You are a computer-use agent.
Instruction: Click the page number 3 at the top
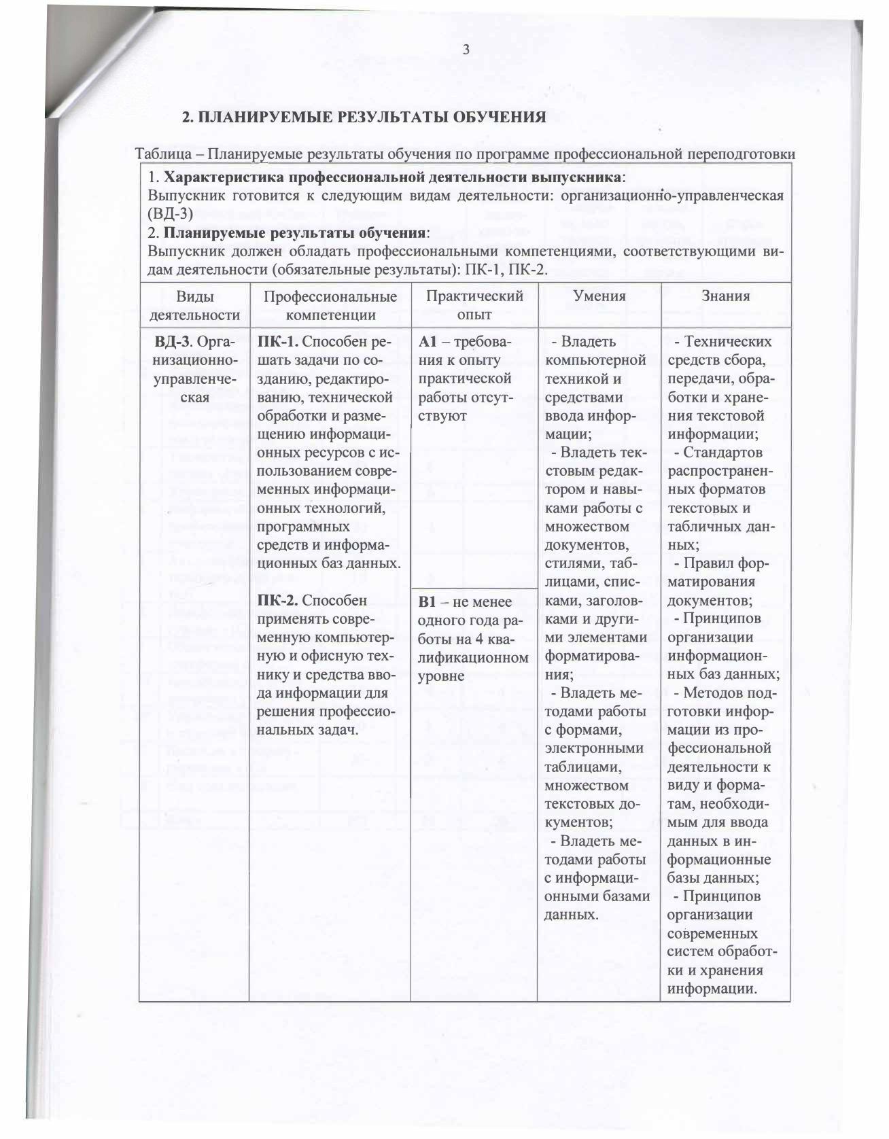pyautogui.click(x=466, y=49)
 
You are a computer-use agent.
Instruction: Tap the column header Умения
pyautogui.click(x=599, y=296)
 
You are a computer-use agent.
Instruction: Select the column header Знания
pyautogui.click(x=727, y=296)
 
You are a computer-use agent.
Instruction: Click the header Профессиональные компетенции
pyautogui.click(x=330, y=305)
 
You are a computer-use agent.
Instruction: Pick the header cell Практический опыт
pyautogui.click(x=474, y=305)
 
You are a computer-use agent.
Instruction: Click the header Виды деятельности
pyautogui.click(x=194, y=305)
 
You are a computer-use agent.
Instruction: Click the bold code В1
pyautogui.click(x=426, y=602)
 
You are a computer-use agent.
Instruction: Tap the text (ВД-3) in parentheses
pyautogui.click(x=171, y=214)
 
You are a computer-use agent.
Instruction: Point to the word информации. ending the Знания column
pyautogui.click(x=712, y=988)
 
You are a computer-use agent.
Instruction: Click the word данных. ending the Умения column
pyautogui.click(x=572, y=914)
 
